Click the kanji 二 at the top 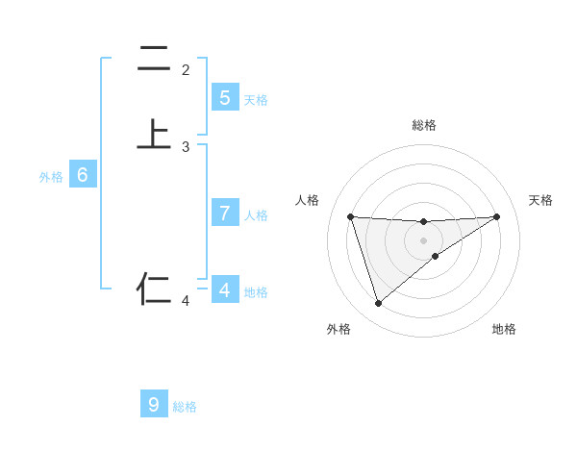point(154,59)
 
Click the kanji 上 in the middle point(154,135)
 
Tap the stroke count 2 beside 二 point(186,70)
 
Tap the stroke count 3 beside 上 point(186,147)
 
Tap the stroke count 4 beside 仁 point(186,301)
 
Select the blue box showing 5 point(224,98)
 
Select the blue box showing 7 point(224,213)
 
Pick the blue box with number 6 point(82,175)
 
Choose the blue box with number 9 point(154,404)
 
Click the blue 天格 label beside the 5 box point(256,100)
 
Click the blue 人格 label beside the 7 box point(256,215)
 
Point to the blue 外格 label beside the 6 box point(51,177)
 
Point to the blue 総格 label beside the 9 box point(185,407)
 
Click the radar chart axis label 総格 point(424,125)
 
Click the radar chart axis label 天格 point(541,200)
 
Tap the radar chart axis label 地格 point(504,329)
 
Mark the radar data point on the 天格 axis point(496,216)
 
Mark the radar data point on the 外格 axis point(378,304)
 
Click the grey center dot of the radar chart point(423,240)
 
